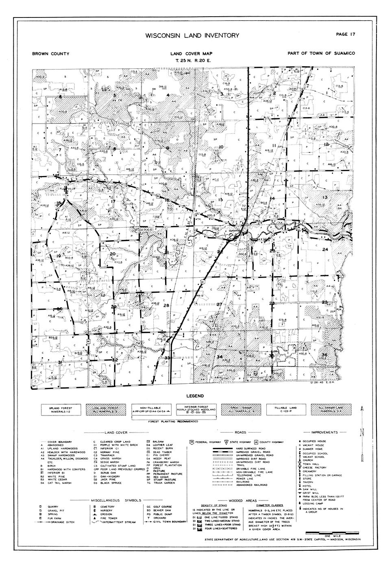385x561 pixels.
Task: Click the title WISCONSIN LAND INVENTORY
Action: tap(192, 36)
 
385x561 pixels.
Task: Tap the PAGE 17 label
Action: tap(346, 34)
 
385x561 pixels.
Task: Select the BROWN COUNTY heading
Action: tap(50, 54)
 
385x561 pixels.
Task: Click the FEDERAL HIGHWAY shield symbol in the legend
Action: tap(191, 441)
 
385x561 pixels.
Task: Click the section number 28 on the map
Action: tap(165, 305)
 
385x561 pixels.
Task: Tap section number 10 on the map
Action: tap(221, 147)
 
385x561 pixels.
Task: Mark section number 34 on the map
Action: tap(220, 357)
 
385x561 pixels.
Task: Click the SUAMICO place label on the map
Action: tap(235, 230)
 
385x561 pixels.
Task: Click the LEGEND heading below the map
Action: tap(195, 396)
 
